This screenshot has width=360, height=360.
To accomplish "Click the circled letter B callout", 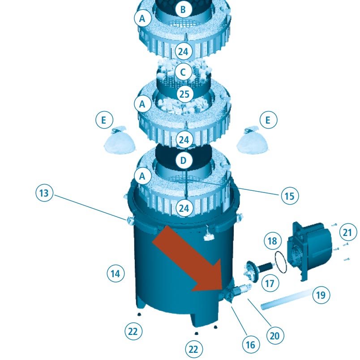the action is coord(183,10).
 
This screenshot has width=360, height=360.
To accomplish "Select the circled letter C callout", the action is coord(183,73).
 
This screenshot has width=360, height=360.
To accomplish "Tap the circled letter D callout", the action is coord(183,160).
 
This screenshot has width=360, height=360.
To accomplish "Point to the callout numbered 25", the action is coord(184,94).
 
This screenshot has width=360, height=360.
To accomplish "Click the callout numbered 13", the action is coord(44,193).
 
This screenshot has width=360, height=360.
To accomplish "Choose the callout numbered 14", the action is coord(116,274).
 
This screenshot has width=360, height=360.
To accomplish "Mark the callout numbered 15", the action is coord(290,196).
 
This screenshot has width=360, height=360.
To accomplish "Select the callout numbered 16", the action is coord(251,344).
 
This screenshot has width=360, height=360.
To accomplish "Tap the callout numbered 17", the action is coord(270,283).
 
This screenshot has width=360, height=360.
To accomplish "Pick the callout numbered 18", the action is coord(273,241).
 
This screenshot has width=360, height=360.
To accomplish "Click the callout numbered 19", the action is coord(321,295).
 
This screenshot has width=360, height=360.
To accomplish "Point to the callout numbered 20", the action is coord(275,336).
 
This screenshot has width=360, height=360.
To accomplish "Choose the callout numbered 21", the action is coord(348,232).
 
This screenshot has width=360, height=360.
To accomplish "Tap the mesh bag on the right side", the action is coord(253,141).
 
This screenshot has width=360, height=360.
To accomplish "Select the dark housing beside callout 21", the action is coord(310,250).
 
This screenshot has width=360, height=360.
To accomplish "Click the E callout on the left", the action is coord(104,120).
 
